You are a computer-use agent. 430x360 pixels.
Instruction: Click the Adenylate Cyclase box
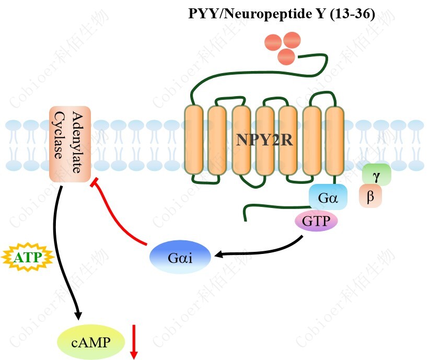coord(70,144)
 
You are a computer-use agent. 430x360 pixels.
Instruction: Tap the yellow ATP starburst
coord(28,257)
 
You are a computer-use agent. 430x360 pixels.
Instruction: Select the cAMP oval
coord(90,343)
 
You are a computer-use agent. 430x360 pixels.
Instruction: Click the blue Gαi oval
coord(180,258)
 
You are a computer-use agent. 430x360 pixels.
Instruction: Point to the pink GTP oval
coord(316,222)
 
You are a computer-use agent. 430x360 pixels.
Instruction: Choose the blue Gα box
coord(328,197)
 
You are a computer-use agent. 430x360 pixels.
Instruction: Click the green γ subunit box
coord(377,173)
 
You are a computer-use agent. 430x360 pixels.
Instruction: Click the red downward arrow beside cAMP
coord(134,342)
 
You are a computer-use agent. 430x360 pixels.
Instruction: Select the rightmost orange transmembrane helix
coord(334,140)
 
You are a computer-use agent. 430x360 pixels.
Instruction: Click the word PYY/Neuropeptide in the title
coord(250,14)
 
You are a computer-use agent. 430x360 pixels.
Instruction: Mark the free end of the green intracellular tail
coord(245,219)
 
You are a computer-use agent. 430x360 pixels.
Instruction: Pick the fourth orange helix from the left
coord(265,140)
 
